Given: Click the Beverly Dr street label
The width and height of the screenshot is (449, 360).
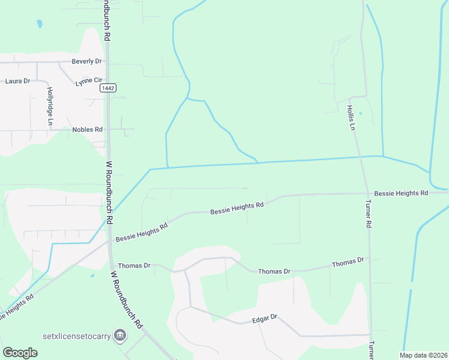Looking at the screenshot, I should click(87, 61).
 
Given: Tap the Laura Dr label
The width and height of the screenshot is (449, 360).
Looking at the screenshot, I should click(17, 80).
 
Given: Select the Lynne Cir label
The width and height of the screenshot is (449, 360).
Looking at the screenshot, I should click(88, 80).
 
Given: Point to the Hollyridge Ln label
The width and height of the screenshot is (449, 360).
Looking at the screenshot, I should click(50, 106).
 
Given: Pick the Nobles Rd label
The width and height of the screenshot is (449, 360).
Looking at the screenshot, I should click(88, 129).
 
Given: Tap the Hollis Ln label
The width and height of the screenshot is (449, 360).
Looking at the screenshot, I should click(351, 118).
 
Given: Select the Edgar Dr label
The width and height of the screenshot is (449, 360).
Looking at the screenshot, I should click(265, 317).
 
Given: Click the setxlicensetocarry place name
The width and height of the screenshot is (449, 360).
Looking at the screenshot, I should click(77, 335).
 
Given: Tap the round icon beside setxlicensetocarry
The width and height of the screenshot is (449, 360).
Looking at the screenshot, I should click(120, 334).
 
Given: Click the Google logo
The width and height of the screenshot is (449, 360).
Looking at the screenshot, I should click(20, 353).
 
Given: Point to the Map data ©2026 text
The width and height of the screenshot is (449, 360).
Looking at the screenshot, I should click(423, 355).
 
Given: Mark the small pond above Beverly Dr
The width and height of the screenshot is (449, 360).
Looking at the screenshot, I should click(40, 25).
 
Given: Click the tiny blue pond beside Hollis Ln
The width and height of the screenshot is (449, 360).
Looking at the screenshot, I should click(360, 113).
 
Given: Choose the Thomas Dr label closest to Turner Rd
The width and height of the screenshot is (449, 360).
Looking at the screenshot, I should click(348, 262).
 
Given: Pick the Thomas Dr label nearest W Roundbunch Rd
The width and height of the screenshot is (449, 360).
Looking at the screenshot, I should click(134, 265).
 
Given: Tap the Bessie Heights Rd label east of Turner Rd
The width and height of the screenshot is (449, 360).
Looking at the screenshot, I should click(400, 193).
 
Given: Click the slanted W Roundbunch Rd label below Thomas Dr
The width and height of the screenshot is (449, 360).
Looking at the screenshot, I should click(126, 299).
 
